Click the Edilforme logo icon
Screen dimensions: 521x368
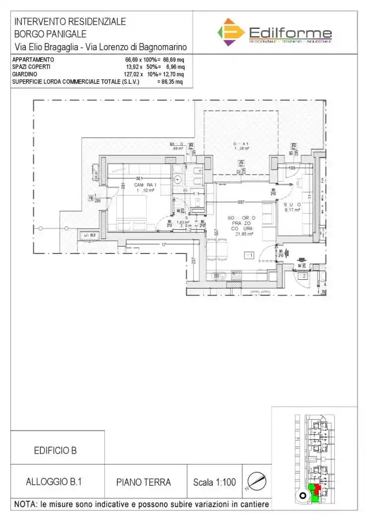pos(231,32)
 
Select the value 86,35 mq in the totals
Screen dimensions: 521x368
pos(170,82)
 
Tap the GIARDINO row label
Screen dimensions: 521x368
pos(25,74)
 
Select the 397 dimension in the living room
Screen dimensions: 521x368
pos(241,202)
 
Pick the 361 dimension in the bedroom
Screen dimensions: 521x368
pos(140,179)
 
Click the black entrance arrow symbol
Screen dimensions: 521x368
pos(300,259)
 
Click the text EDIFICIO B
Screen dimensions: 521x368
pos(55,451)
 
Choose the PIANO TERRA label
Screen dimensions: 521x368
pos(144,482)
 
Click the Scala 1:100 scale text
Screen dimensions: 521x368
pos(214,482)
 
